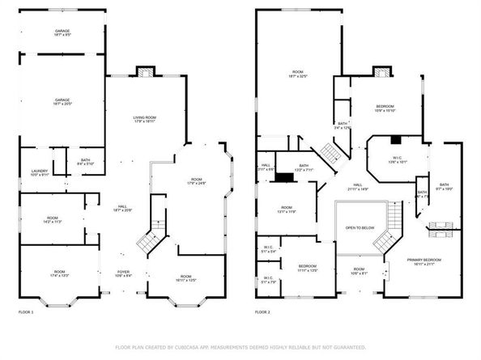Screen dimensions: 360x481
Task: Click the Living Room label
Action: [144, 120]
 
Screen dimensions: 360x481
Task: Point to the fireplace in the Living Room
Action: [144, 70]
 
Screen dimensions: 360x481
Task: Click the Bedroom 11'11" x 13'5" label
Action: [307, 268]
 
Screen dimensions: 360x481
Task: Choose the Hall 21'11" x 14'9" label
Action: [357, 187]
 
